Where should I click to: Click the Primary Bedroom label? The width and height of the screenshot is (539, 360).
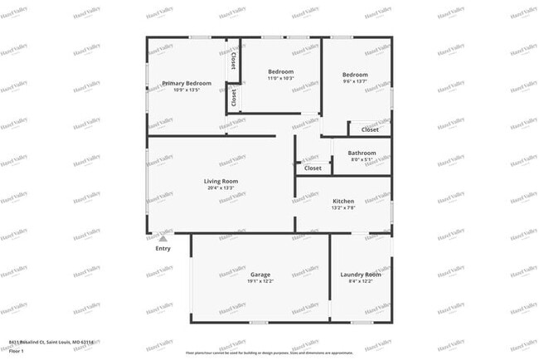187,83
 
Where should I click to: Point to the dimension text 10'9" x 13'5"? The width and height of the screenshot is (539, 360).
187,90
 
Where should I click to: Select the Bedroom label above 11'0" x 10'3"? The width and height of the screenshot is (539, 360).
280,72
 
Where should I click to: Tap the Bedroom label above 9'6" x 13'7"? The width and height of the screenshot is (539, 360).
355,75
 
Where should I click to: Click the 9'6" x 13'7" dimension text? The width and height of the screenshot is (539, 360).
355,81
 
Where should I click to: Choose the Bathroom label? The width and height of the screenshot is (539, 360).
362,153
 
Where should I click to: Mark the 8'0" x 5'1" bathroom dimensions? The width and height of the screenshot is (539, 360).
362,159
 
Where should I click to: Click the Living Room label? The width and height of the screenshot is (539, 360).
221,181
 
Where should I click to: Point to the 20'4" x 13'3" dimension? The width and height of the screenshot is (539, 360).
221,187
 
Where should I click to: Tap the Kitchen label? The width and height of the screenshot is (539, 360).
343,202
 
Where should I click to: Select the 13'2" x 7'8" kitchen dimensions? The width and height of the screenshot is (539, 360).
343,208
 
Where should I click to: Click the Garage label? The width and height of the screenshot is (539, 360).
260,275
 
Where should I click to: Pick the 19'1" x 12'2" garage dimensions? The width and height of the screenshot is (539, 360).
260,281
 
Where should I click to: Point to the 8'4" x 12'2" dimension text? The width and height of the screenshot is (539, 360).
360,281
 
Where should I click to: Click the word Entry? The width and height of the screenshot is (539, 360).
163,248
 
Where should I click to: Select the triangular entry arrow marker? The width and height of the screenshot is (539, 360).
163,238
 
